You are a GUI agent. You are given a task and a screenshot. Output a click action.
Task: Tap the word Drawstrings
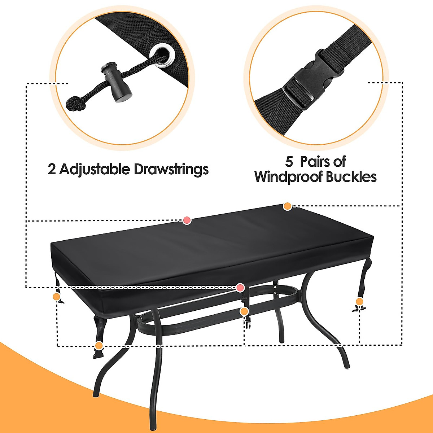(x=171, y=169)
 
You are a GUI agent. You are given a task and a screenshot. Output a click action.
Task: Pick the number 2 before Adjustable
(x=52, y=169)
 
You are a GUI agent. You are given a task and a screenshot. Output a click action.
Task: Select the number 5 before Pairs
(x=289, y=162)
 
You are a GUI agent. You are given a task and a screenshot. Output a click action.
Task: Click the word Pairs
(x=315, y=162)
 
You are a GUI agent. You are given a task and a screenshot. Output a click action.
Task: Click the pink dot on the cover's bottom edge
(x=240, y=288)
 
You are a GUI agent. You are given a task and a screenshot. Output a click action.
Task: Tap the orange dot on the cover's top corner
(x=287, y=206)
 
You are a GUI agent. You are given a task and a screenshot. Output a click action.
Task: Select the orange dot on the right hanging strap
(x=359, y=301)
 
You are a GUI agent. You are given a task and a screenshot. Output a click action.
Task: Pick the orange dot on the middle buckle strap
(x=244, y=311)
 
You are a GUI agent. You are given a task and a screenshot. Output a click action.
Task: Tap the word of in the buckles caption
(x=340, y=162)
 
